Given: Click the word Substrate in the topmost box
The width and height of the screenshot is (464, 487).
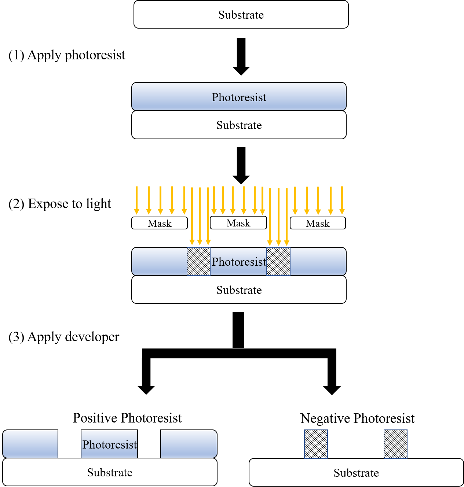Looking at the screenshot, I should coord(241,15).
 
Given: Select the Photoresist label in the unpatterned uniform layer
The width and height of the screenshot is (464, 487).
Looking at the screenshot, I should coord(239,97).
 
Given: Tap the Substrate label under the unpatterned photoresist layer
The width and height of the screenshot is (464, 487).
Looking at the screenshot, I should coord(239,125).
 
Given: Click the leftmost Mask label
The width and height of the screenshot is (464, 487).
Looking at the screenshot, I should coord(160,223).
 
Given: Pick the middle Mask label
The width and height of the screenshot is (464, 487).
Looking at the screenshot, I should coord(238,223).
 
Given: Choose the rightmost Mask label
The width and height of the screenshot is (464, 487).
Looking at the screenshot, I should coord(318,223).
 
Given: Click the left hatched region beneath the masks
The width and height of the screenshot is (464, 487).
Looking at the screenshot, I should coord(198,261).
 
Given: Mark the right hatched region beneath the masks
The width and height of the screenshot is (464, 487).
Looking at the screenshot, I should coord(278,261).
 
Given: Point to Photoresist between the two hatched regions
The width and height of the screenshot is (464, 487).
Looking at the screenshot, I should coord(239,262).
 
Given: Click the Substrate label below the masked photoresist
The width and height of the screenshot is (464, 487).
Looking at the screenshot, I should coord(239,290).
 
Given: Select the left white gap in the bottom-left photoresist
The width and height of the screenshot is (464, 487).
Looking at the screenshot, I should coord(69,444).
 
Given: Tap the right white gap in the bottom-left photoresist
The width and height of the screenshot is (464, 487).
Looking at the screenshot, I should coord(149,444).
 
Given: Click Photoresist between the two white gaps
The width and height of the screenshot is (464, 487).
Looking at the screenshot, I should coord(109,444).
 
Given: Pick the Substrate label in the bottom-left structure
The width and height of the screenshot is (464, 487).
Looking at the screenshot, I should coord(110,472).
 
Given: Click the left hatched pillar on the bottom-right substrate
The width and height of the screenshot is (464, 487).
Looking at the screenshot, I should coord(316,444).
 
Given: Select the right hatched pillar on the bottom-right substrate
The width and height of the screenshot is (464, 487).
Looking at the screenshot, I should coord(395,444).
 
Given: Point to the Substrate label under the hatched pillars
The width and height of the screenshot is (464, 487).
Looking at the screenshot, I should coord(356,473).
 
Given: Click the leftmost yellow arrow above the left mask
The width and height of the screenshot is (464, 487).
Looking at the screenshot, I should coord(136,200).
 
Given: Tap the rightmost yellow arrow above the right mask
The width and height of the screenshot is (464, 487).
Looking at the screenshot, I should coord(342,200).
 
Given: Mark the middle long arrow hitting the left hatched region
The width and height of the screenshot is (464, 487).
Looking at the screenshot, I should coord(200,216).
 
